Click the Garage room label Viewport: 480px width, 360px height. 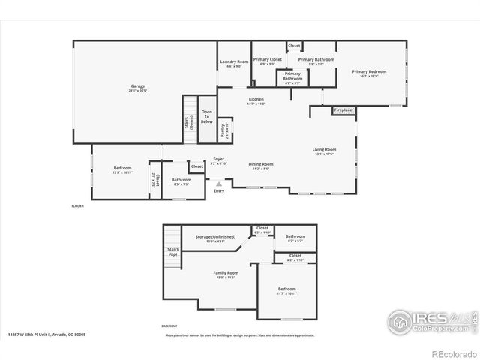[137, 86]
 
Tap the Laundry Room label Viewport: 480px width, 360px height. [233, 63]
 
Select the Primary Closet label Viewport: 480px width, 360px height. [266, 60]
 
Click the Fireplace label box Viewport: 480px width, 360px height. [343, 110]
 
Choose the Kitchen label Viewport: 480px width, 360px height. [256, 100]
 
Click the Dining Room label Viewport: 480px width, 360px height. [261, 165]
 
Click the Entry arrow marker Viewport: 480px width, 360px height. [219, 184]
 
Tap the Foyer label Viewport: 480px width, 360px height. [218, 160]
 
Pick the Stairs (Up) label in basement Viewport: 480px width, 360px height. [172, 253]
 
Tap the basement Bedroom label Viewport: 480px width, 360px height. [286, 289]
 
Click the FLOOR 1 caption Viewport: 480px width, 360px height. [77, 205]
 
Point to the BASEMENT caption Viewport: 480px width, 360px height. [169, 326]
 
